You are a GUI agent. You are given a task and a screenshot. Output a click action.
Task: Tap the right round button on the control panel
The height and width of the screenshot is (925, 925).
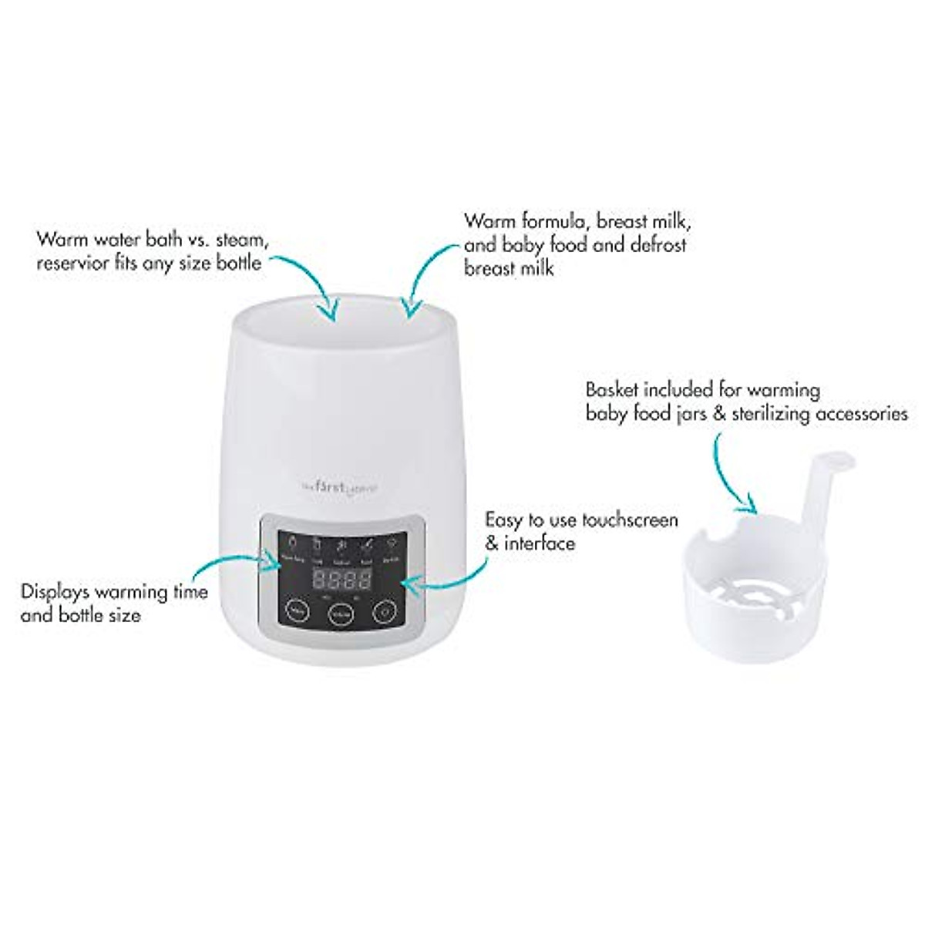click(383, 611)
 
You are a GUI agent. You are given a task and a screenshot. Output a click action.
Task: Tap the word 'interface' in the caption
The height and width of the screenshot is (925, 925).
click(540, 543)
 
